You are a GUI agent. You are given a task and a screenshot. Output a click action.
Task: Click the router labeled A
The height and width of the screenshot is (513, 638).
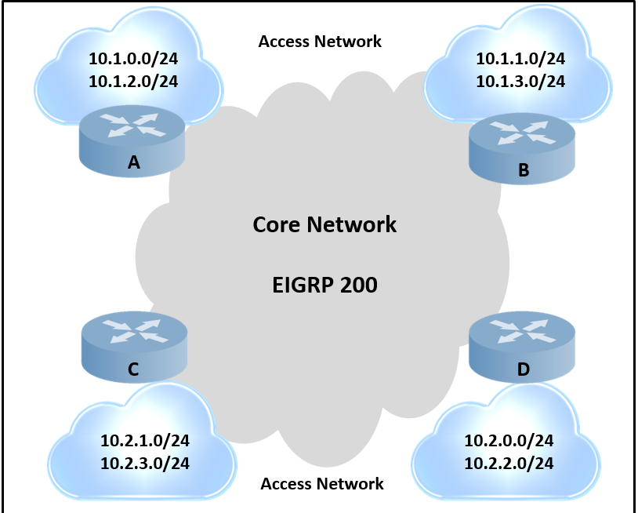coord(132,141)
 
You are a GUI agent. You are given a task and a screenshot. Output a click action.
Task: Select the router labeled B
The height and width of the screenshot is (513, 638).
coord(522,148)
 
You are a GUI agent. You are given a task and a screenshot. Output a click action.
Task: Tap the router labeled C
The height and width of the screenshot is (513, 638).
coord(134,347)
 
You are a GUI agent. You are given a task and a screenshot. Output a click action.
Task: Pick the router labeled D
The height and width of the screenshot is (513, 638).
coord(522,347)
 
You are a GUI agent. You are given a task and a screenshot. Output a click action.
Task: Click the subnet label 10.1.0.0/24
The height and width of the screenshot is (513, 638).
coord(133,59)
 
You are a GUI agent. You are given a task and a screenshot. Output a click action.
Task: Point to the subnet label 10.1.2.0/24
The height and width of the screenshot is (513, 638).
coord(133,82)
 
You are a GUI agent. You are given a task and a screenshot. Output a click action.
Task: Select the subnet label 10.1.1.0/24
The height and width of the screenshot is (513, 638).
coord(520,59)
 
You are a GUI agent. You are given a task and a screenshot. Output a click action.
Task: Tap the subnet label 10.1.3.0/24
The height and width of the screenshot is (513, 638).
coord(520,82)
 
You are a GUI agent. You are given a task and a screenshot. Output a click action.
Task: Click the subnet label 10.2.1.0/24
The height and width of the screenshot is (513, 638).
coord(145,441)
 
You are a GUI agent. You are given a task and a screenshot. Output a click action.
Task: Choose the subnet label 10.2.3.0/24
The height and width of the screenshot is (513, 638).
coord(145,464)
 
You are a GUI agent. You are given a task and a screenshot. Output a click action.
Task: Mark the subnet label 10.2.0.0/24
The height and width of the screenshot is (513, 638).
coord(509,441)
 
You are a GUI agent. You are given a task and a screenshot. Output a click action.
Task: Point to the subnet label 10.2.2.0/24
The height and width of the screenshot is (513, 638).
coord(509,464)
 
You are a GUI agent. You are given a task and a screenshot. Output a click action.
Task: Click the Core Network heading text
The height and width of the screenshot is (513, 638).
coord(324,224)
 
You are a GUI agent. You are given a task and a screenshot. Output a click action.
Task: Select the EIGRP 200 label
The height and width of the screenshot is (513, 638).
coord(324,285)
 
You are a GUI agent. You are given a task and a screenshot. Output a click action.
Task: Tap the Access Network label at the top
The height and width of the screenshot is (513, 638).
coord(321,41)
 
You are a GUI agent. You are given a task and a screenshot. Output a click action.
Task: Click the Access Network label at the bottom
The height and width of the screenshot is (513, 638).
coord(322,484)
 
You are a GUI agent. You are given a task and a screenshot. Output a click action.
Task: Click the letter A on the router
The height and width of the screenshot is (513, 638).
coord(134,162)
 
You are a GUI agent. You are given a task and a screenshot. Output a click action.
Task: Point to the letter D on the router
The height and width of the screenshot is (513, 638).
coord(524,369)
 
